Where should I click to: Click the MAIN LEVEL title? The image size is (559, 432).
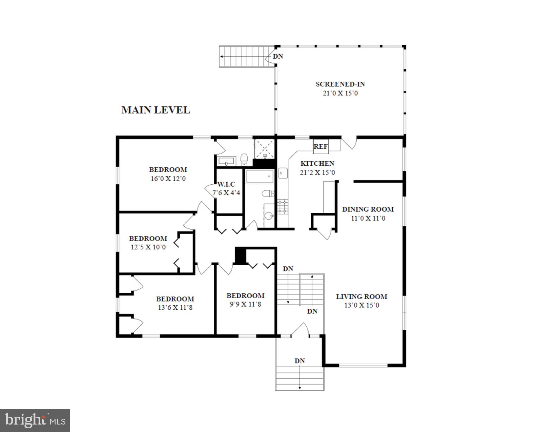pyautogui.click(x=156, y=110)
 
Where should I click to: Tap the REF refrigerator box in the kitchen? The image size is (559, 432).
pyautogui.click(x=320, y=146)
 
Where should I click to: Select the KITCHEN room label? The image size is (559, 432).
pyautogui.click(x=317, y=163)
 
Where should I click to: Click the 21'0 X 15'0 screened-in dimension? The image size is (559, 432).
pyautogui.click(x=340, y=93)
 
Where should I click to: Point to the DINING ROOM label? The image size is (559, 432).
pyautogui.click(x=368, y=209)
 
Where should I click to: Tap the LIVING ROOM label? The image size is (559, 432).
pyautogui.click(x=361, y=297)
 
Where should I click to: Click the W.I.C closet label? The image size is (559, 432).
pyautogui.click(x=226, y=184)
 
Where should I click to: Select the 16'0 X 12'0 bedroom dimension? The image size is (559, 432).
pyautogui.click(x=168, y=179)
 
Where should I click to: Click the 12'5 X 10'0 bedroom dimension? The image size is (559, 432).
pyautogui.click(x=148, y=247)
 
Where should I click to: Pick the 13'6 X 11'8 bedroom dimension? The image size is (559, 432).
pyautogui.click(x=175, y=308)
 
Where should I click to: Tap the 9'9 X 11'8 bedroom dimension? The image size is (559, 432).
pyautogui.click(x=245, y=304)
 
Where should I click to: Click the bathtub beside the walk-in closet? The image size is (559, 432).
pyautogui.click(x=260, y=177)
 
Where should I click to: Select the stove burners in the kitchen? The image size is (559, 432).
pyautogui.click(x=283, y=207)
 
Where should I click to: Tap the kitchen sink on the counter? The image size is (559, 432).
pyautogui.click(x=283, y=173)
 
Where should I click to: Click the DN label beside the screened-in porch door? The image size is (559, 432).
pyautogui.click(x=278, y=57)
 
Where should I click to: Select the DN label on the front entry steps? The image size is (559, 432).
pyautogui.click(x=299, y=361)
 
